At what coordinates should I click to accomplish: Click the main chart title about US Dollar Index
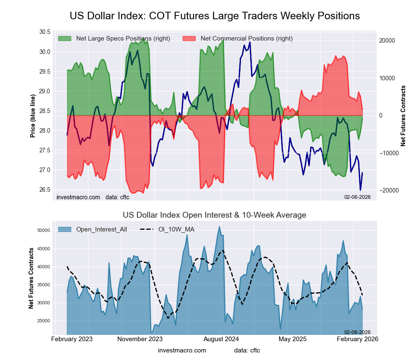215,16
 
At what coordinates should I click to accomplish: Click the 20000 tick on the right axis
387,41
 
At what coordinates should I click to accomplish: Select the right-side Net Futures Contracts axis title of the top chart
403,116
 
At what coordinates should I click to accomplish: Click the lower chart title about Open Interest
215,215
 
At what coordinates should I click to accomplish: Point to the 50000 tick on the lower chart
44,231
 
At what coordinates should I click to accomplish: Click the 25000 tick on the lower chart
44,321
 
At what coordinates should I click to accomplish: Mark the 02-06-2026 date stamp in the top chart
357,196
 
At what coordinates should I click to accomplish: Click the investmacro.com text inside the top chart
78,197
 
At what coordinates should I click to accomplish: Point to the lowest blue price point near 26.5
360,190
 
